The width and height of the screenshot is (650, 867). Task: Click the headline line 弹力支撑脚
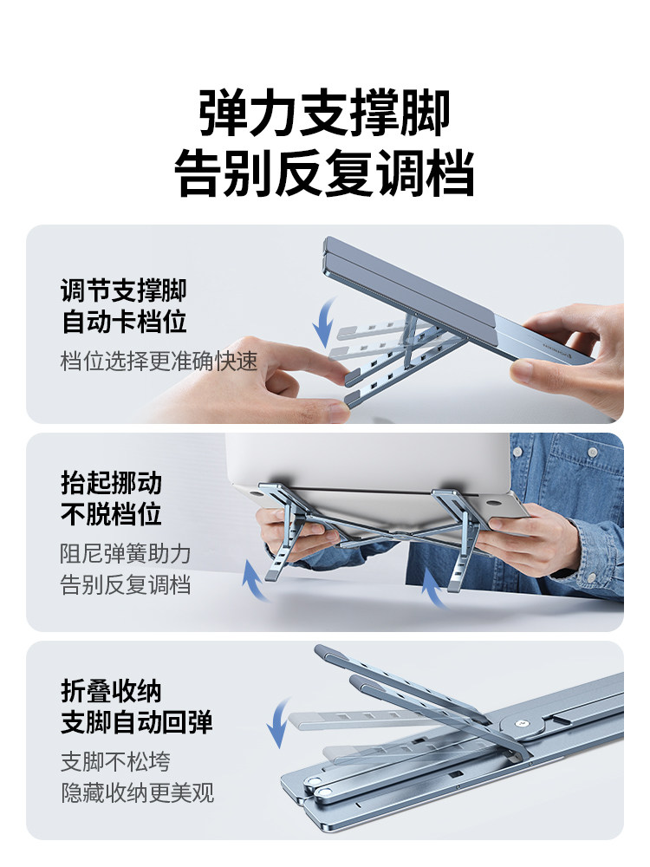[324, 113]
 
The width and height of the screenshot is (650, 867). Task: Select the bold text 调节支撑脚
[123, 290]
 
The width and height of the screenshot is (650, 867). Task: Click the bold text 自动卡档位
[123, 322]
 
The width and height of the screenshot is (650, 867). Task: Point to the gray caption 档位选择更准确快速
[159, 361]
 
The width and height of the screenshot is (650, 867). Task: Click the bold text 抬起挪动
[111, 482]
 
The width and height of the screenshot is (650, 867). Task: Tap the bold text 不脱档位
[111, 513]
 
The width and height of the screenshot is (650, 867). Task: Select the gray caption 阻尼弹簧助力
[126, 553]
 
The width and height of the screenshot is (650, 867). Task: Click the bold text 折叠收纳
[111, 691]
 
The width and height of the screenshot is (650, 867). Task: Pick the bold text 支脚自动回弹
[137, 722]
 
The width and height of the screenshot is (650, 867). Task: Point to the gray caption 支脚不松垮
[115, 761]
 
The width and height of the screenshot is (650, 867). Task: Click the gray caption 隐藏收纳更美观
[137, 792]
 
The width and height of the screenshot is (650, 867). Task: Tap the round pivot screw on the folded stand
[521, 723]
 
